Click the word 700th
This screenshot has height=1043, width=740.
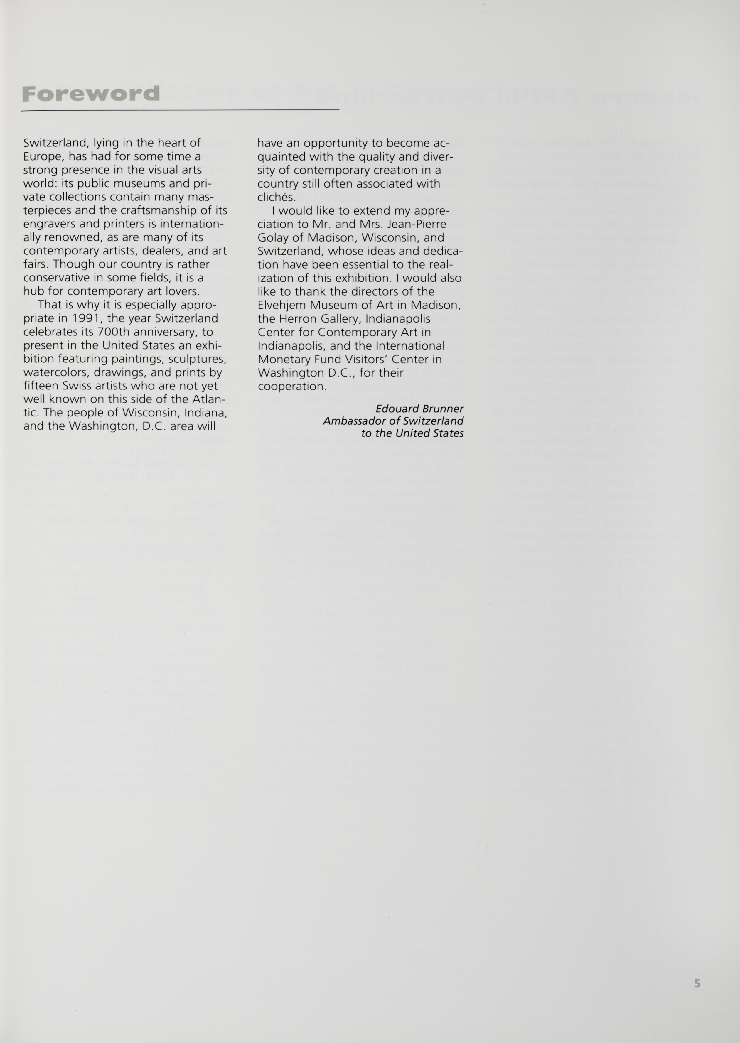[115, 332]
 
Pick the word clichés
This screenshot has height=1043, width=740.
[277, 197]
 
